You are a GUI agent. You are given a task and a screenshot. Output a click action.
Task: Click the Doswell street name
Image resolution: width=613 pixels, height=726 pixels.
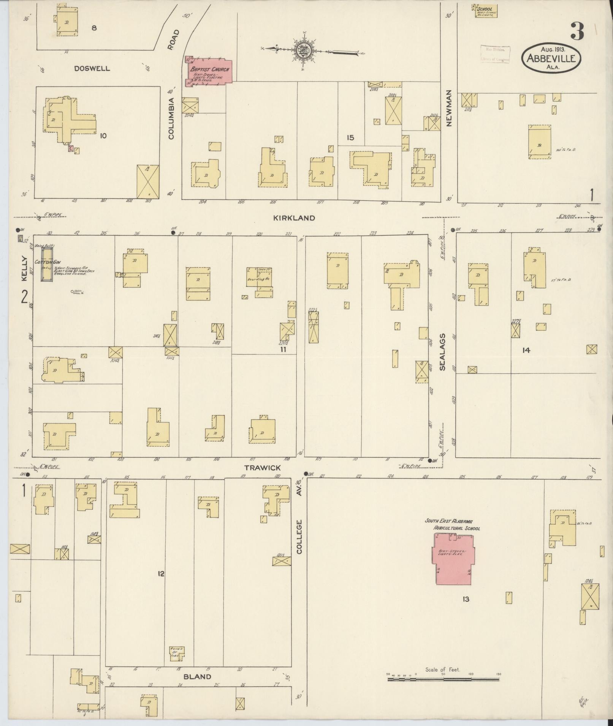[x=92, y=69]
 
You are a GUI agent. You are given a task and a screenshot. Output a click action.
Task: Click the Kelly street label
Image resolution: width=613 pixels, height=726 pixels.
[x=24, y=268]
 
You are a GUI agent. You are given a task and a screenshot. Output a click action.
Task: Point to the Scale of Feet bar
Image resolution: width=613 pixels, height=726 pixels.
[x=444, y=679]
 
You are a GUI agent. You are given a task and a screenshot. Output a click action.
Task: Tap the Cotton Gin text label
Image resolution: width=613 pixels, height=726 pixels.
[x=48, y=262]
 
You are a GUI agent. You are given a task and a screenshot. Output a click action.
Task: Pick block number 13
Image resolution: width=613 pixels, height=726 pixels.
[x=466, y=599]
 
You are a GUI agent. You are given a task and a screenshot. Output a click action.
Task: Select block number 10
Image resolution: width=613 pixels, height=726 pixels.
[x=103, y=135]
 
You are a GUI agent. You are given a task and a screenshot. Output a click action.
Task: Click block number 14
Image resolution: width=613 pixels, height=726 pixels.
[x=526, y=350]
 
